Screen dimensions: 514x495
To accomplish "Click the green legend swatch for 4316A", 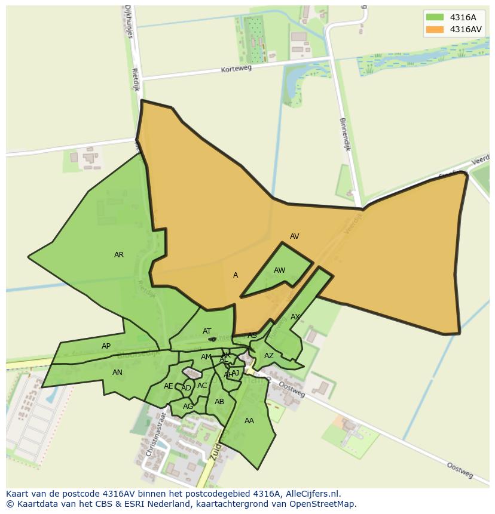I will [x=435, y=17].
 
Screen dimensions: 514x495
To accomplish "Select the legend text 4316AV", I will [x=466, y=29].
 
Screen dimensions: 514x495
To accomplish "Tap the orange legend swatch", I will [x=435, y=29].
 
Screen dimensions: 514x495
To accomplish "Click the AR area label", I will [x=119, y=255].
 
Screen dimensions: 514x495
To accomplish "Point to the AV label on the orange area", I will [x=294, y=236].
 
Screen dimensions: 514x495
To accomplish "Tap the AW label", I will [x=279, y=270].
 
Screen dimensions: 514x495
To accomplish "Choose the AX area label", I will [x=295, y=317].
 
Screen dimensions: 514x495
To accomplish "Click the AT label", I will [x=207, y=331].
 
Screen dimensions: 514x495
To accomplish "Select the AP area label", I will [x=106, y=346].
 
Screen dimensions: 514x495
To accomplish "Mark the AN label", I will [x=117, y=373].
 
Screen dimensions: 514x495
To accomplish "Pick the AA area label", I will [x=249, y=421].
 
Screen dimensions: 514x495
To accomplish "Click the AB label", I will [x=219, y=402].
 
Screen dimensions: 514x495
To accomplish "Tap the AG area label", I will [x=188, y=407].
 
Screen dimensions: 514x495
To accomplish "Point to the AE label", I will [x=168, y=386].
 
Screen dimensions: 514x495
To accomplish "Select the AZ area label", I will [x=269, y=356].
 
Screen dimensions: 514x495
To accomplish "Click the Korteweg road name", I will [x=236, y=69].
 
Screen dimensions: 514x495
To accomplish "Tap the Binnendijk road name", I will [x=344, y=134].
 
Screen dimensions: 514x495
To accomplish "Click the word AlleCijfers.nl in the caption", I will [x=310, y=494].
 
